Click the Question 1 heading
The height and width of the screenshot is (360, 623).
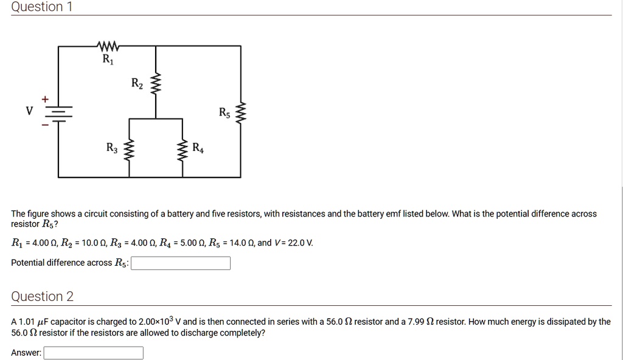coord(37,7)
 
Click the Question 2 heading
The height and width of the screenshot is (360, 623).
coord(42,297)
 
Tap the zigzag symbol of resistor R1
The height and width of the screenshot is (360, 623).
coord(108,46)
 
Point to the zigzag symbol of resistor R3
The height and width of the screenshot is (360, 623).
coord(128,149)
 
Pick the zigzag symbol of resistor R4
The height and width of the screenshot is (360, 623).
coord(182,149)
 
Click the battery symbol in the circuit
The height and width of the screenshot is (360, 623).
coord(59,113)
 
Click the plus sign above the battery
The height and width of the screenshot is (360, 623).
coord(44,99)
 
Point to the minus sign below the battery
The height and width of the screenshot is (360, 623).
coord(44,126)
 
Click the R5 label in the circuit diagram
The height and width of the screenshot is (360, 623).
coord(224,112)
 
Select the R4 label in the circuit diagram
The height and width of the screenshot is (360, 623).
coord(198,148)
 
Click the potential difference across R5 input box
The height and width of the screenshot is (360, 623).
coord(181,263)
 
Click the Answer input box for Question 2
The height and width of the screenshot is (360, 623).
coord(93,353)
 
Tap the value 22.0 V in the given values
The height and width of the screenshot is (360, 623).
coord(301,243)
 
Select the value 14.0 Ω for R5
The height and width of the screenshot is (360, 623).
coord(240,243)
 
